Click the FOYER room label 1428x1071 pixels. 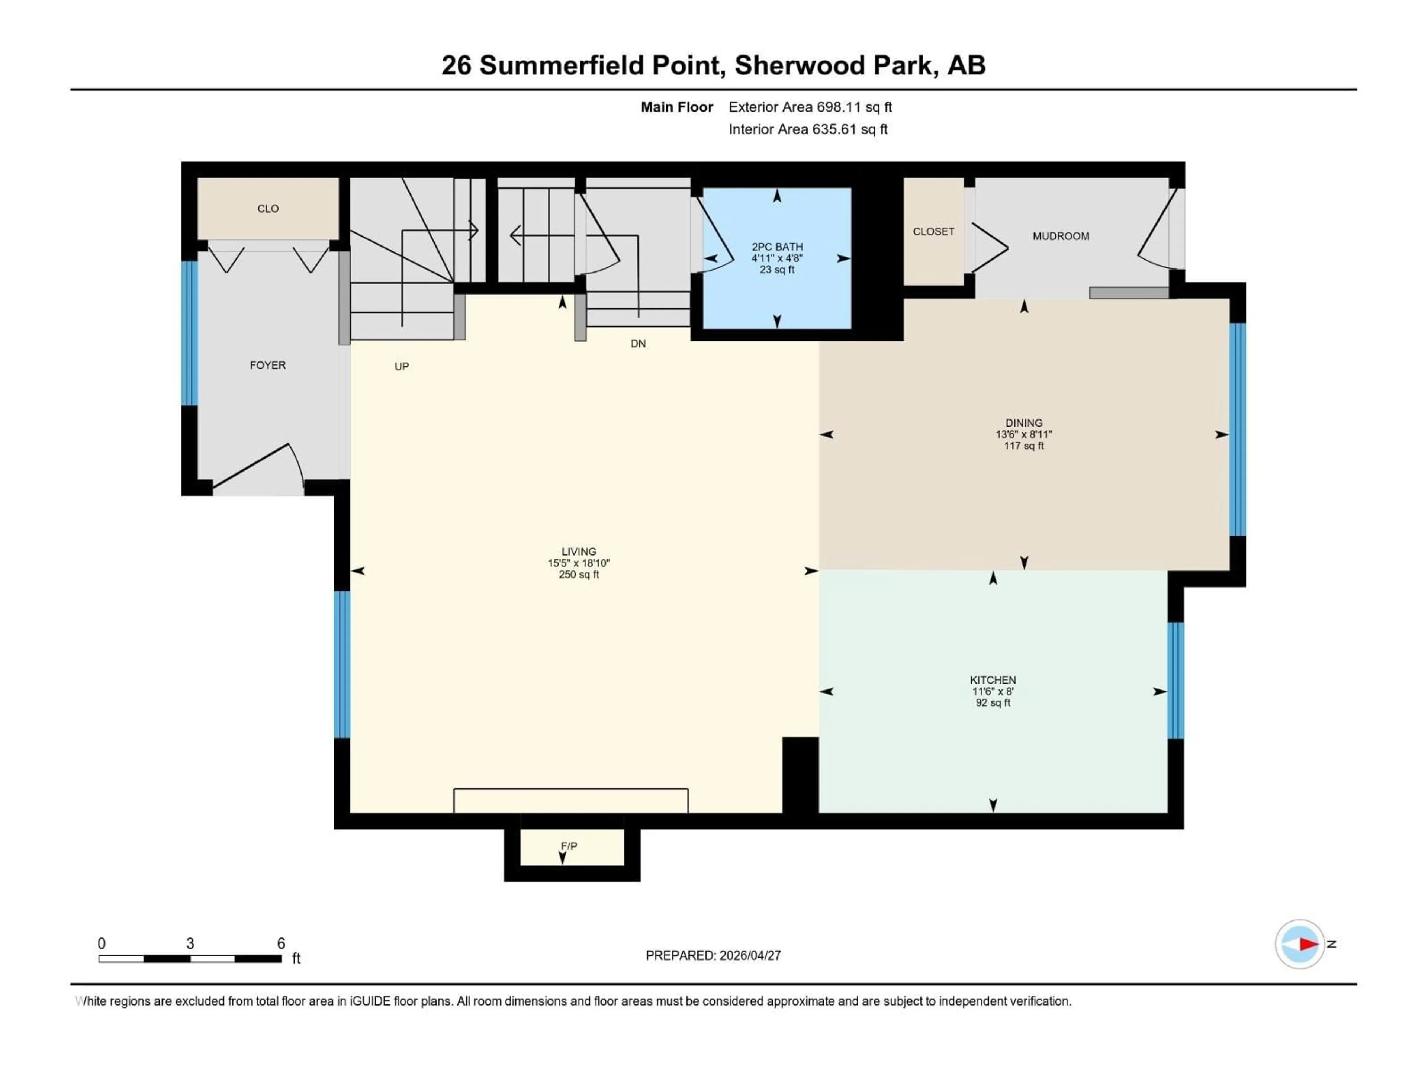point(267,366)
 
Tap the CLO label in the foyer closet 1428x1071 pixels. point(268,209)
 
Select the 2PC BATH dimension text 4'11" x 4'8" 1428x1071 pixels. point(776,258)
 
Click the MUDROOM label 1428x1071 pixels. point(1061,236)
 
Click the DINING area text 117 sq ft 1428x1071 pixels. point(1023,446)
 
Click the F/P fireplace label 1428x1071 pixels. point(569,846)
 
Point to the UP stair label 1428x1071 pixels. point(402,367)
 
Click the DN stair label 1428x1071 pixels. point(638,344)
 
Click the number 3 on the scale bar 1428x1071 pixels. point(190,943)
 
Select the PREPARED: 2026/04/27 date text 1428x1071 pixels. point(713,955)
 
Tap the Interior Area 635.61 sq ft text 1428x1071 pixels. point(808,129)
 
